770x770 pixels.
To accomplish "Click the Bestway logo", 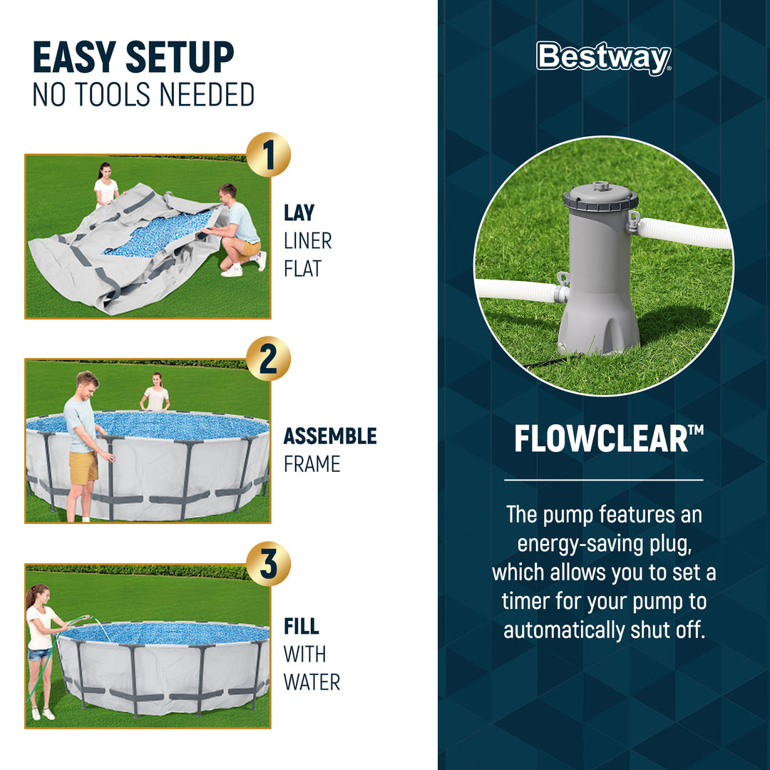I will coord(603,58).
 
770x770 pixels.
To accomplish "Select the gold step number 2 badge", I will coord(268,359).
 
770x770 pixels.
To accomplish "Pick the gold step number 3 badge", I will coord(268,563).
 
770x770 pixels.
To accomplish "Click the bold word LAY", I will coord(299,212).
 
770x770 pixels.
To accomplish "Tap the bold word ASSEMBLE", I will coord(330,436).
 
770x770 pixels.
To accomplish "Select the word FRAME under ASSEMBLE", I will coord(312,465).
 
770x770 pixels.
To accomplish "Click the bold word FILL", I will coord(301,626).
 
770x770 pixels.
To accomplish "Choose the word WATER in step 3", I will coord(312,682).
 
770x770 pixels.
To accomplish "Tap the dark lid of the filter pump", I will coord(600,197).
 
